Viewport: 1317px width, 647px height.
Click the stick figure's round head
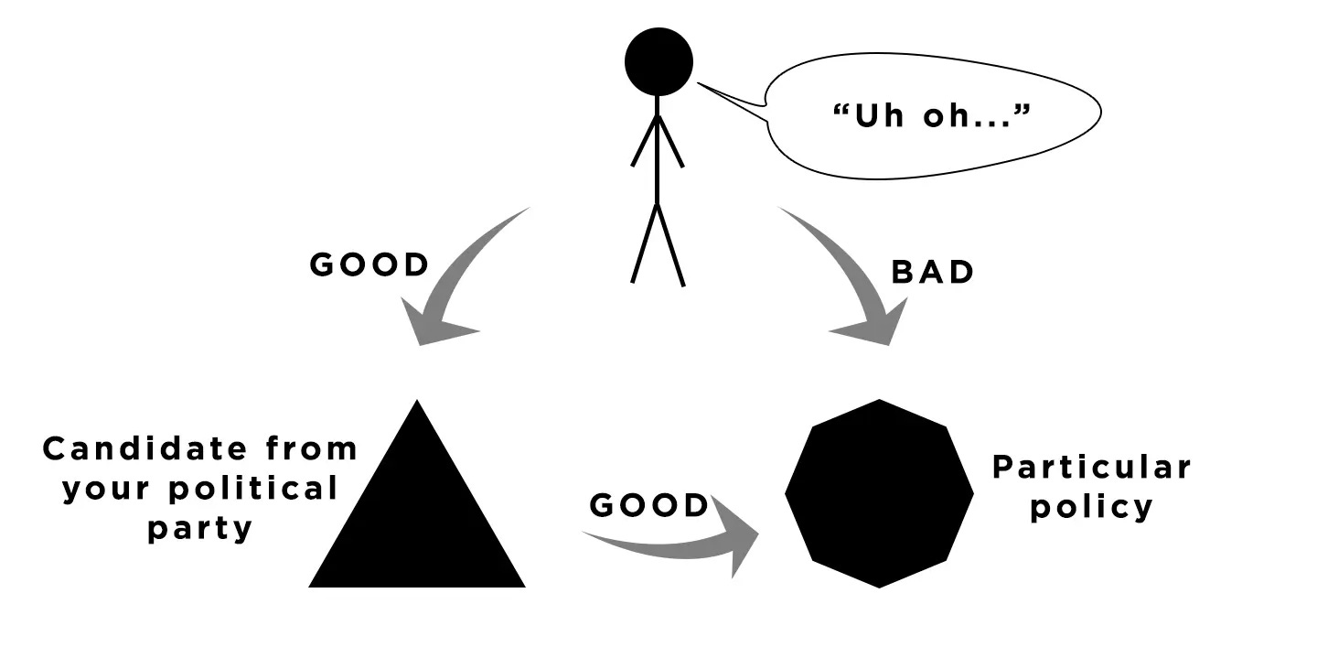[x=658, y=61]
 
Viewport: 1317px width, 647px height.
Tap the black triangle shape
[x=417, y=522]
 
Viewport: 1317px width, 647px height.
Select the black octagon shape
[x=879, y=493]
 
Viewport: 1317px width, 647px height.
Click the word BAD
[x=933, y=273]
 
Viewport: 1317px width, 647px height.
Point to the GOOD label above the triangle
[x=369, y=264]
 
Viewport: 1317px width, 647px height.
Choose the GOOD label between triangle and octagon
[x=649, y=505]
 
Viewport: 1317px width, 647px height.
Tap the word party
[x=199, y=528]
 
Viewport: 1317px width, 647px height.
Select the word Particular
[x=1092, y=468]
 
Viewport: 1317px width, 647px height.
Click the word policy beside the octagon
[x=1092, y=507]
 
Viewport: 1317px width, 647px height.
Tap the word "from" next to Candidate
[x=311, y=449]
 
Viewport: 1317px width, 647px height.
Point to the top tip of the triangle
[x=417, y=404]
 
